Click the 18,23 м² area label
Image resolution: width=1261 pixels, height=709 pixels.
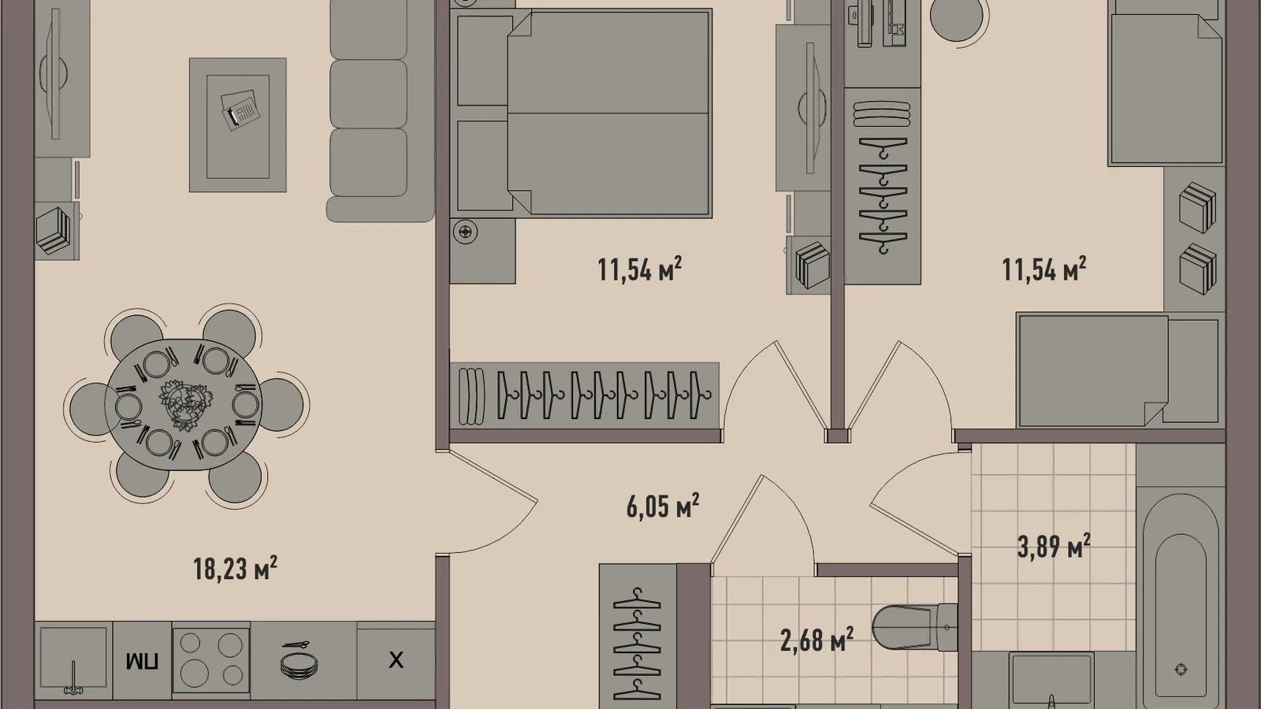[236, 568]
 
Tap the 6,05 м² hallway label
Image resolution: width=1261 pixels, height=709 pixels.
[663, 506]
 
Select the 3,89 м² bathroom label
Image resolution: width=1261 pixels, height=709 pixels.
[1053, 546]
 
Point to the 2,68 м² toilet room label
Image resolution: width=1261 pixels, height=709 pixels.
[816, 640]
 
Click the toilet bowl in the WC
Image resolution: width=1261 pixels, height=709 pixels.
[915, 626]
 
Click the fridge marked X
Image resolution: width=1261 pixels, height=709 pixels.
[396, 660]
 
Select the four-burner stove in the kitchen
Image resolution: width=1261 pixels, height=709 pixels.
[211, 660]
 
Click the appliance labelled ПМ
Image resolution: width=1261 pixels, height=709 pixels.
[143, 661]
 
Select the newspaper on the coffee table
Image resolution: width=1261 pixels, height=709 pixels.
[240, 110]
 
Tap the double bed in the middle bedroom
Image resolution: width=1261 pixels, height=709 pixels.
[583, 113]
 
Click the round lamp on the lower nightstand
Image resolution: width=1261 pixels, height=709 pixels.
[466, 232]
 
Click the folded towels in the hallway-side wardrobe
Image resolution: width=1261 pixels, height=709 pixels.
[471, 396]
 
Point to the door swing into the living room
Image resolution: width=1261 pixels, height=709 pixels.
[488, 502]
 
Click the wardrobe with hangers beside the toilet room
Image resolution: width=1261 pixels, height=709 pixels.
[638, 636]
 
